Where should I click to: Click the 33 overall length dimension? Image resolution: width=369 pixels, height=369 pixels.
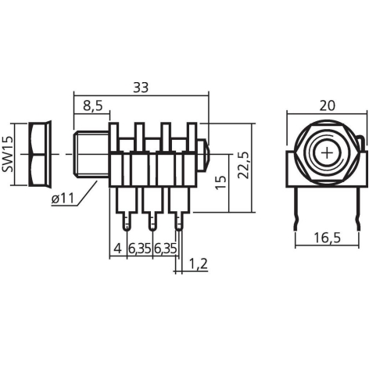[x=141, y=87]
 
